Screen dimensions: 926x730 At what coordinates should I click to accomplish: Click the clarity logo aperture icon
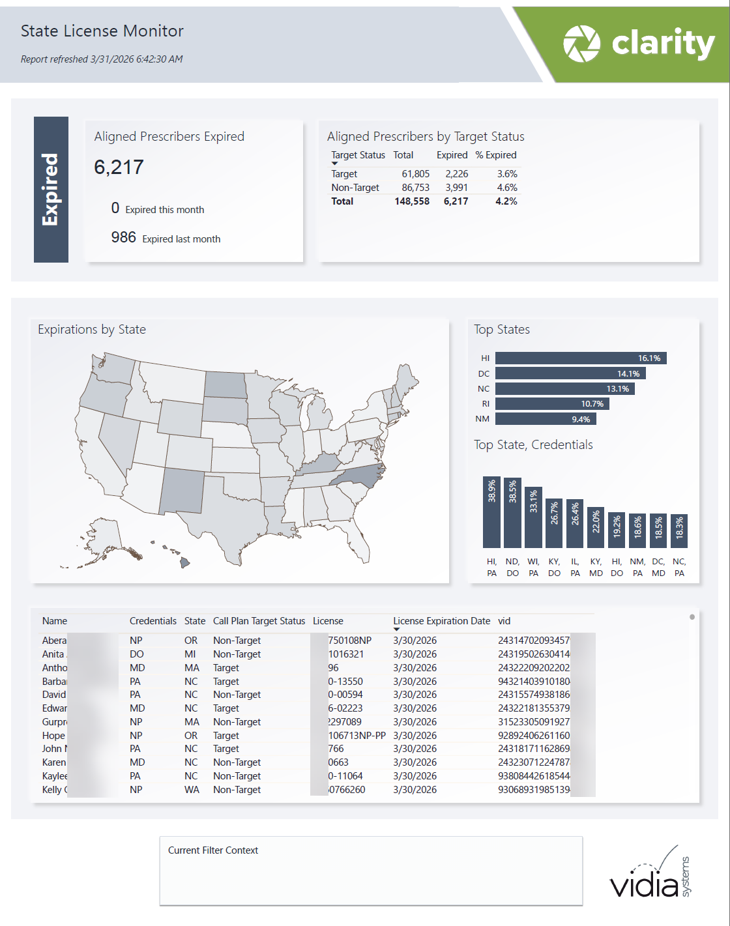click(581, 44)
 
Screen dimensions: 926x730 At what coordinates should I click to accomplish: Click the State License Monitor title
click(102, 31)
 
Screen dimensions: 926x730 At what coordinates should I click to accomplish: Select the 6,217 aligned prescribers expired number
click(119, 167)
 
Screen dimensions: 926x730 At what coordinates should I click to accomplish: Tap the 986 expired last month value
click(123, 237)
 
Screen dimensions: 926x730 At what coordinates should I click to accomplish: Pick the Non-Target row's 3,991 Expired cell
click(456, 188)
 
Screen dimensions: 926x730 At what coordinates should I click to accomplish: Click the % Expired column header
click(495, 155)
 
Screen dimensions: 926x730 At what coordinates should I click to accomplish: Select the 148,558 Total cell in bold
click(412, 201)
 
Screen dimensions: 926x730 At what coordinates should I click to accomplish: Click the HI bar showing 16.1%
click(581, 358)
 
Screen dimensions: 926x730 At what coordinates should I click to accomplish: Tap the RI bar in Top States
click(551, 404)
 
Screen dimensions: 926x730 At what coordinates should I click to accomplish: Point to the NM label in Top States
click(482, 419)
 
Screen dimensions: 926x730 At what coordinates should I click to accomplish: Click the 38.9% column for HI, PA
click(491, 512)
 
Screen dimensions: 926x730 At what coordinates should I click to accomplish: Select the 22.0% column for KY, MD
click(596, 527)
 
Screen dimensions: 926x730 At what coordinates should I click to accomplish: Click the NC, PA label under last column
click(679, 567)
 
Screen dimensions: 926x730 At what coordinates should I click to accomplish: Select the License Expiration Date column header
click(441, 621)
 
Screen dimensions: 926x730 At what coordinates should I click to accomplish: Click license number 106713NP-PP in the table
click(357, 735)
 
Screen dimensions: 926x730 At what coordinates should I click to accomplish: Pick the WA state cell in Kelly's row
click(192, 790)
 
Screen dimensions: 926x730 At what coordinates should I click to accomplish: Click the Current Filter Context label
click(213, 850)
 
